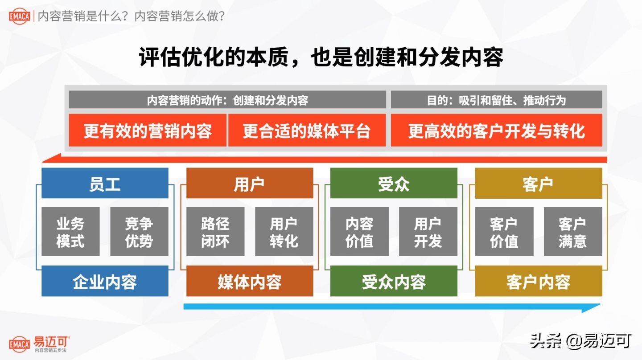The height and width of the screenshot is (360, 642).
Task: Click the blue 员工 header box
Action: click(x=105, y=183)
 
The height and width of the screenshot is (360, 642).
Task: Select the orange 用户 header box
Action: click(x=249, y=183)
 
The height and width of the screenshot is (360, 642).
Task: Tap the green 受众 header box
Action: click(x=394, y=183)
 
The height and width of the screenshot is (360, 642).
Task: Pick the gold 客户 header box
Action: click(x=538, y=183)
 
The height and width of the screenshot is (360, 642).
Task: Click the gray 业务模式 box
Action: click(x=70, y=232)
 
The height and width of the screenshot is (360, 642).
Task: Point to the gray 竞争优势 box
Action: click(x=139, y=232)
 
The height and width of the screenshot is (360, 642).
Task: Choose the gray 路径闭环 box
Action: click(x=215, y=232)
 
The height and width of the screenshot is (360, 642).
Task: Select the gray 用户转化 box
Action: click(x=284, y=232)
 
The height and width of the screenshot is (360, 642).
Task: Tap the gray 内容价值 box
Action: click(x=359, y=232)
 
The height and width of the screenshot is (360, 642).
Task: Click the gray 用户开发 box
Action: click(x=428, y=232)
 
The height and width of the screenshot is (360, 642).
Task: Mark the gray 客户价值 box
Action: click(x=504, y=232)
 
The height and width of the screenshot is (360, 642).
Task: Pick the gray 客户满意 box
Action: click(x=573, y=232)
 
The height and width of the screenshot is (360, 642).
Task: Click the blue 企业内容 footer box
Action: click(x=105, y=281)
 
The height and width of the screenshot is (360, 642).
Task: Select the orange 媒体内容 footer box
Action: click(x=249, y=281)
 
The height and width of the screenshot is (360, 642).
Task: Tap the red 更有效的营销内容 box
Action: click(x=148, y=131)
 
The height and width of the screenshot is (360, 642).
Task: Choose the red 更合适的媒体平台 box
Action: click(x=307, y=131)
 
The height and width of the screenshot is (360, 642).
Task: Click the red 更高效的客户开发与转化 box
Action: click(x=496, y=131)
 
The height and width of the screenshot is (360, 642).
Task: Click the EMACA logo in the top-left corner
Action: click(x=20, y=16)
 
